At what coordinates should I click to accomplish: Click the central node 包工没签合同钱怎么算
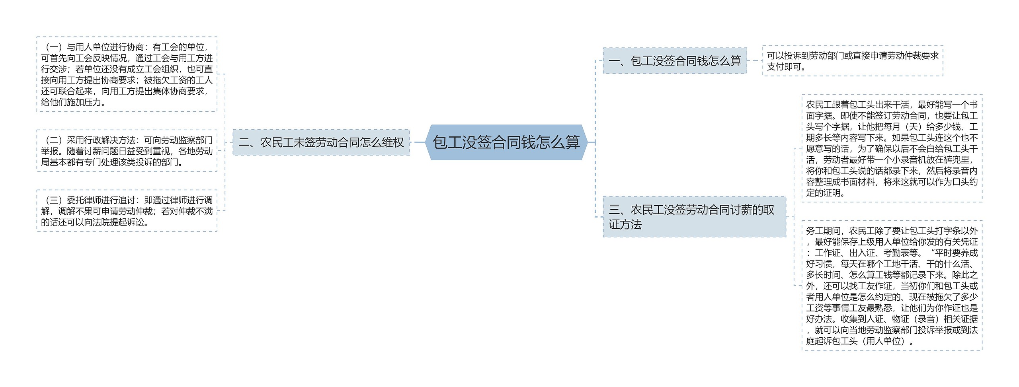click(x=506, y=142)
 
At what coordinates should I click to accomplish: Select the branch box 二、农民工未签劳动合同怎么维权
click(x=321, y=142)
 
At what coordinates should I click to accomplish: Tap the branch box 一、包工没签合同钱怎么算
click(x=675, y=61)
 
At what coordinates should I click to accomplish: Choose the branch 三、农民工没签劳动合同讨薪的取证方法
click(x=694, y=217)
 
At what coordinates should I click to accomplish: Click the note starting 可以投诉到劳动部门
click(x=852, y=61)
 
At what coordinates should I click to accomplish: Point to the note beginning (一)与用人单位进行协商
click(x=127, y=74)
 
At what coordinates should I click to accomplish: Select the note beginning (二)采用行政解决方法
click(x=127, y=151)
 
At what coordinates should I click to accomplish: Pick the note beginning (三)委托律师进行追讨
click(x=127, y=211)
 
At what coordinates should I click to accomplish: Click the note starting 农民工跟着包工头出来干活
click(x=892, y=148)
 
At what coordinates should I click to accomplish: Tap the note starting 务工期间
click(x=892, y=285)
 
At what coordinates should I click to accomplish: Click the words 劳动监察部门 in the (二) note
click(x=187, y=140)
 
